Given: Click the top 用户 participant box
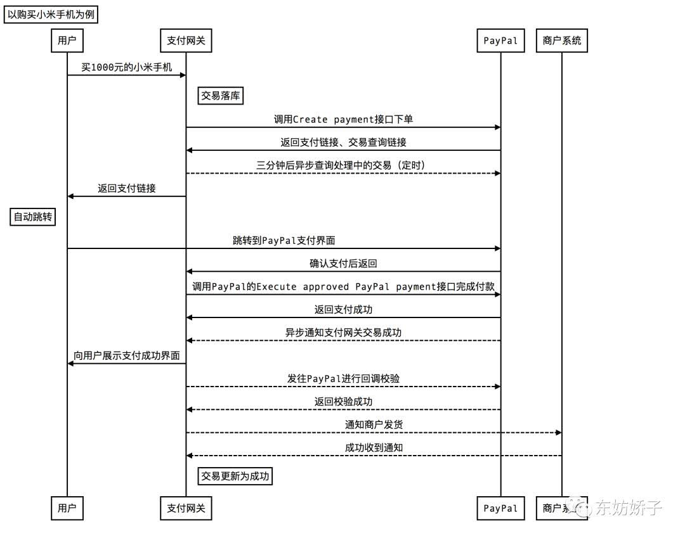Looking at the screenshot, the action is [x=67, y=41].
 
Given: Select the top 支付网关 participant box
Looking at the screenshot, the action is [x=186, y=41].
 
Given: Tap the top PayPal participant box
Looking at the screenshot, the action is [x=500, y=41].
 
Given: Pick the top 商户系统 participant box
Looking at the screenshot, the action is [x=562, y=41].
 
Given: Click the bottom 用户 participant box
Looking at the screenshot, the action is [x=67, y=508].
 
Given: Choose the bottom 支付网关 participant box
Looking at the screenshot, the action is [x=186, y=508].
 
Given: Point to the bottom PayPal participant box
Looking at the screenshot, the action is [x=500, y=508].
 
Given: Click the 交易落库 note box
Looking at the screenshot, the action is [x=221, y=96].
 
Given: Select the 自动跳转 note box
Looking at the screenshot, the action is [x=33, y=217].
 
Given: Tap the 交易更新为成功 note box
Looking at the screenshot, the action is [x=235, y=476].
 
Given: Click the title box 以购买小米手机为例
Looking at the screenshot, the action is [x=51, y=15].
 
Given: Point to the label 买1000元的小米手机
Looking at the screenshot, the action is [x=127, y=67].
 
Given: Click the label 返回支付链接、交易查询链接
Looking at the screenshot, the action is [x=343, y=142].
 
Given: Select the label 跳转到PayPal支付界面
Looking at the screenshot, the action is [x=284, y=240].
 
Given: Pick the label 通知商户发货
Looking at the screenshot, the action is [x=374, y=425].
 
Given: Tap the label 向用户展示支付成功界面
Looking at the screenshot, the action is [x=127, y=355].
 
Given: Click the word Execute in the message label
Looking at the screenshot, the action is [x=276, y=286].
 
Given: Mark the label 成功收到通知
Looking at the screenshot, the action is [x=374, y=447].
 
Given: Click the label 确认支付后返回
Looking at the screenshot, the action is [x=343, y=264].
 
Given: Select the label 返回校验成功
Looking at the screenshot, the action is [x=343, y=401].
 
